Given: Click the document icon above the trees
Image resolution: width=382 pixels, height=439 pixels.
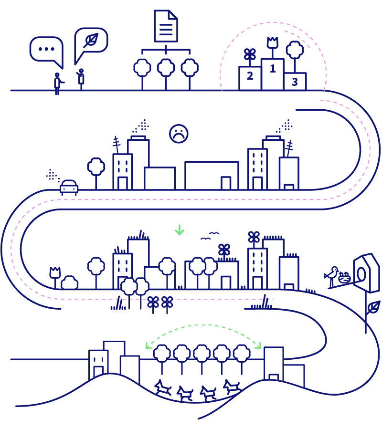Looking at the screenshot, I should coord(166,26).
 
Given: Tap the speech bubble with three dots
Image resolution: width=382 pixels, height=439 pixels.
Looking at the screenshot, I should coord(46,49).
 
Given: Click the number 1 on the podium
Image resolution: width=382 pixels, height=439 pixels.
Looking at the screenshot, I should coord(273,69).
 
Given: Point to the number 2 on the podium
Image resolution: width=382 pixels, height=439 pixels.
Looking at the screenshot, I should coord(250,75).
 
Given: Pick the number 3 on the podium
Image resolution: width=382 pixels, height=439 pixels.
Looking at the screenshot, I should coord(295,82).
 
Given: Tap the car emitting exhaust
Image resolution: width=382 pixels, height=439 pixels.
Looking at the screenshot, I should coord(69,188).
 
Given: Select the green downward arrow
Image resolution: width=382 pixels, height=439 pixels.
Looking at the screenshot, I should coord(180,230).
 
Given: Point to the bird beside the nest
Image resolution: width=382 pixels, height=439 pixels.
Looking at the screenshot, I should coord(332,276).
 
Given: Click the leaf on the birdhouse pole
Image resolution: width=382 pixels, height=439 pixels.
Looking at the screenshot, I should coord(373,307).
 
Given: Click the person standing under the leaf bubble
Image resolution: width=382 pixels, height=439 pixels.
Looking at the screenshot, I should coord(81,79).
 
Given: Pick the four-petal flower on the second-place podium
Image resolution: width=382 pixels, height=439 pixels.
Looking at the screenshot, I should coord(250,55).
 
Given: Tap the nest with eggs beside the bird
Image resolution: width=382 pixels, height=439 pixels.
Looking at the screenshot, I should coord(344,277).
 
